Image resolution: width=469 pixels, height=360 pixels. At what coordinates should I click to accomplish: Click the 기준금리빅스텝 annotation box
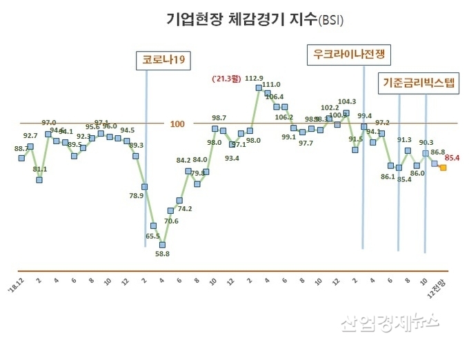click(419, 83)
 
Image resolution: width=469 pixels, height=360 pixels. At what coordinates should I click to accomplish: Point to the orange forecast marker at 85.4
click(443, 167)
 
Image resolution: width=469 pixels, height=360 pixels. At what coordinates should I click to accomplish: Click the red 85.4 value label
click(453, 159)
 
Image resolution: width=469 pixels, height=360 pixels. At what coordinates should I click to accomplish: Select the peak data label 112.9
click(255, 78)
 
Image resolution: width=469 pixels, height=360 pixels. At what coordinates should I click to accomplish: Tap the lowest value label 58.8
click(162, 254)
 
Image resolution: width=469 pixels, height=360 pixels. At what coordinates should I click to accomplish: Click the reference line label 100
click(177, 124)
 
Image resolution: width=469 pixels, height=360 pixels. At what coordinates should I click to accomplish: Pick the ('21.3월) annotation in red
click(225, 79)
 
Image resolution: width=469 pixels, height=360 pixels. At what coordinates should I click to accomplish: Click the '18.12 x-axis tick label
click(16, 284)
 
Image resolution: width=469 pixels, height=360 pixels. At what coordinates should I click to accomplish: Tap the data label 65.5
click(152, 237)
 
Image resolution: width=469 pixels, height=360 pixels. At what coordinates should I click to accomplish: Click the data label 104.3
click(348, 101)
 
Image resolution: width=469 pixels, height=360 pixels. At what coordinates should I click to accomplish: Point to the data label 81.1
click(40, 169)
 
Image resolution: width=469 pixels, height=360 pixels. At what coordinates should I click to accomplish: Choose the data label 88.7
click(21, 148)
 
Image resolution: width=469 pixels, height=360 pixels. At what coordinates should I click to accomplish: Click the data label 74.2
click(184, 208)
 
